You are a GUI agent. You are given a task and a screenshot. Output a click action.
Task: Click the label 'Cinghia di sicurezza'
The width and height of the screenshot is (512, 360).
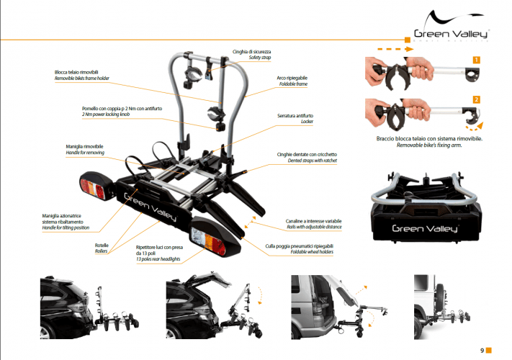click(x=251, y=52)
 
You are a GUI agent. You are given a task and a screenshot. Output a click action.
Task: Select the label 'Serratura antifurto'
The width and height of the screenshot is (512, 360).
click(x=295, y=115)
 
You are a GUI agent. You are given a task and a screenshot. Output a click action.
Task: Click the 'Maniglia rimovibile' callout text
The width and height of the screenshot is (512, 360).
click(x=84, y=146)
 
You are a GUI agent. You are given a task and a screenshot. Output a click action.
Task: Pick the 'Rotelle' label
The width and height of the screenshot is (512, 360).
click(x=102, y=246)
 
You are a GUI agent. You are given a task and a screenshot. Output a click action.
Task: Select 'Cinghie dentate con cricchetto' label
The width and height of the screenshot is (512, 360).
click(x=307, y=155)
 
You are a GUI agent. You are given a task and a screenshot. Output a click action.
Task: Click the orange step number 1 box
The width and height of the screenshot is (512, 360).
click(x=476, y=60)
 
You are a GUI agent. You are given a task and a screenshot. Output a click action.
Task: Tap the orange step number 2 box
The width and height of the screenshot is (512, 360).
click(x=476, y=99)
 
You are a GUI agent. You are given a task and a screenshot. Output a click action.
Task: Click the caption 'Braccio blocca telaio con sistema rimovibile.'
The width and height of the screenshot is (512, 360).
click(x=429, y=137)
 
